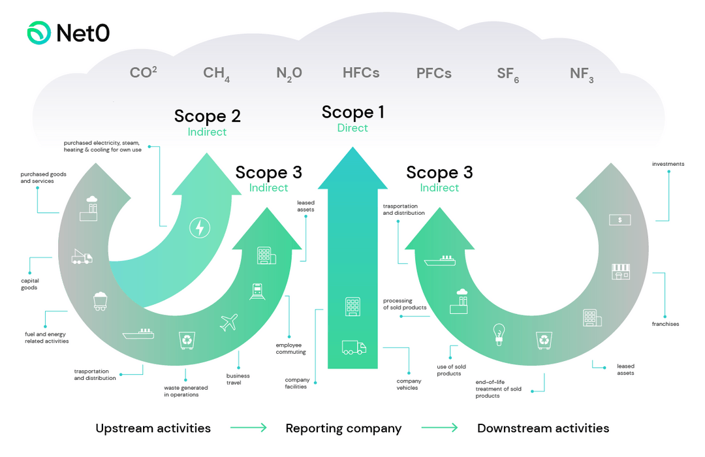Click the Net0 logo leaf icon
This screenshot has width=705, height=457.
point(39,33)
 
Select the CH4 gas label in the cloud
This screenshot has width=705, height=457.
point(216,74)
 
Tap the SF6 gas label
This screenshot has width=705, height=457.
point(507,74)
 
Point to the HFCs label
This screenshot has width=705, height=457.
point(360,72)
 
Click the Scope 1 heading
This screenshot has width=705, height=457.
point(352,112)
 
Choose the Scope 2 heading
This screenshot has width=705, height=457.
point(207,116)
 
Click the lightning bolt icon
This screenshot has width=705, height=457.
point(199,228)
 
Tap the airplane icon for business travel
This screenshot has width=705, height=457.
point(229,322)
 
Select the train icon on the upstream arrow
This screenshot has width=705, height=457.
point(257,291)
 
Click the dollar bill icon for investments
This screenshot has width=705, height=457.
point(619,220)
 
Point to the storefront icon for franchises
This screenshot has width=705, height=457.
point(620,271)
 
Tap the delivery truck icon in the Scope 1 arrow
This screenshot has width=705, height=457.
point(353,347)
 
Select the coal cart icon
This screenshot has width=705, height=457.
point(100,301)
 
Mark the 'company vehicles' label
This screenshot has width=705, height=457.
point(409,384)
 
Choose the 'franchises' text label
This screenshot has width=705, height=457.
point(665,324)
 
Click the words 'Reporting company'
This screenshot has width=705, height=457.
point(343,428)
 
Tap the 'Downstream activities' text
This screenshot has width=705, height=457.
point(542,428)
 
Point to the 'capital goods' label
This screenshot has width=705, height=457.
point(29,284)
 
